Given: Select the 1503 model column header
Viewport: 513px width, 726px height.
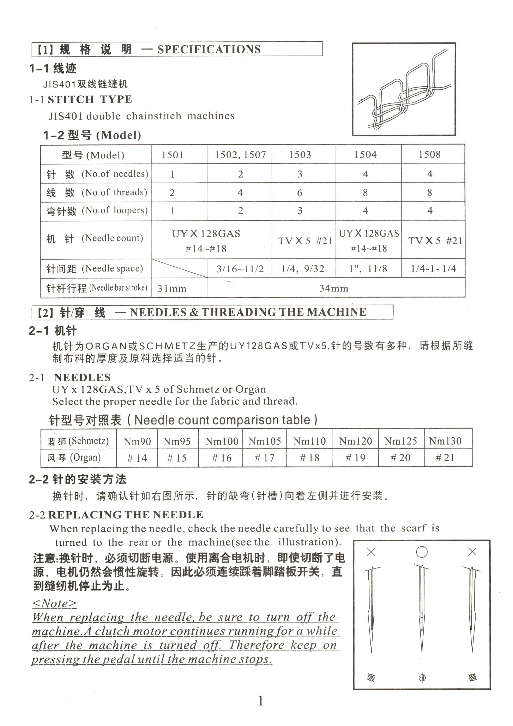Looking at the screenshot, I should pos(300,155).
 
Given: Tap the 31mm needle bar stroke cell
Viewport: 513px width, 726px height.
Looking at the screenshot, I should pos(172,288).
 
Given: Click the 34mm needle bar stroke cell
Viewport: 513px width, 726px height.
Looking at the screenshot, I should pos(334,288).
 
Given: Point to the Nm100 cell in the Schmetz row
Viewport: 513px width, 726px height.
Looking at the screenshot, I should pos(222,441).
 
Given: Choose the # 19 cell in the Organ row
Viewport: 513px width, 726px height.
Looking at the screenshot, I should pos(355,458).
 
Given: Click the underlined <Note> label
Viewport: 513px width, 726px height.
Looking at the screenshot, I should pos(54,603).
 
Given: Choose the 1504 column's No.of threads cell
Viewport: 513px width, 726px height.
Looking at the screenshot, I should pos(365,192).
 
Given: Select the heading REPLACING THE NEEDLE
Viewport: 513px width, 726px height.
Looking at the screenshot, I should pos(126,515).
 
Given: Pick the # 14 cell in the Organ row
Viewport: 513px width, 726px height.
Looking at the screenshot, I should pos(137,458).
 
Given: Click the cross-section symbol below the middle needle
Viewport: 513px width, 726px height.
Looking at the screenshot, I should pos(422,678).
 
